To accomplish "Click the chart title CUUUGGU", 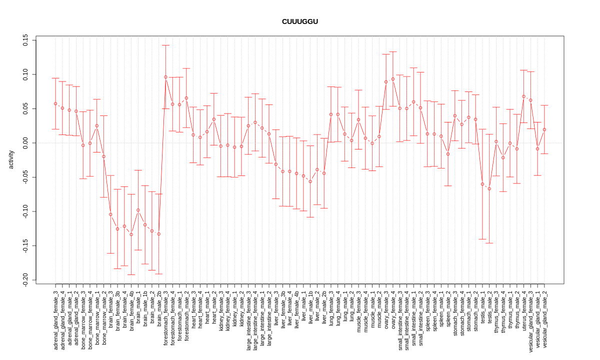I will pos(299,21).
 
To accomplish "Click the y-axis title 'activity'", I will pos(11,159).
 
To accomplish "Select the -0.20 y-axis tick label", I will pos(25,280).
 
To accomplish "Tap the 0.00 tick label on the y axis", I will pos(25,143).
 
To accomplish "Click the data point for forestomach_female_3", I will pos(165,77).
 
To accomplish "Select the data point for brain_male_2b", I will pos(158,234).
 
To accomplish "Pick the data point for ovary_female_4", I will pos(393,79).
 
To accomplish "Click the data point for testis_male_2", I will pos(489,188).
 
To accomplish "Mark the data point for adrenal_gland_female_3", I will pos(55,103).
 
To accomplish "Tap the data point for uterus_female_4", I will pos(524,96).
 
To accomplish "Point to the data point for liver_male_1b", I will pos(310,181).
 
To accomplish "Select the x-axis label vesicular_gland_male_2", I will pos(544,319).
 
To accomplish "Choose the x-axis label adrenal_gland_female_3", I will pos(55,319).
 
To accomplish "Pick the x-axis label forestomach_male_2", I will pos(186,315).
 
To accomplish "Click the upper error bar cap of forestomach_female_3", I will pos(165,45).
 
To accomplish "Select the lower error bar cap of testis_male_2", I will pos(489,243).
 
